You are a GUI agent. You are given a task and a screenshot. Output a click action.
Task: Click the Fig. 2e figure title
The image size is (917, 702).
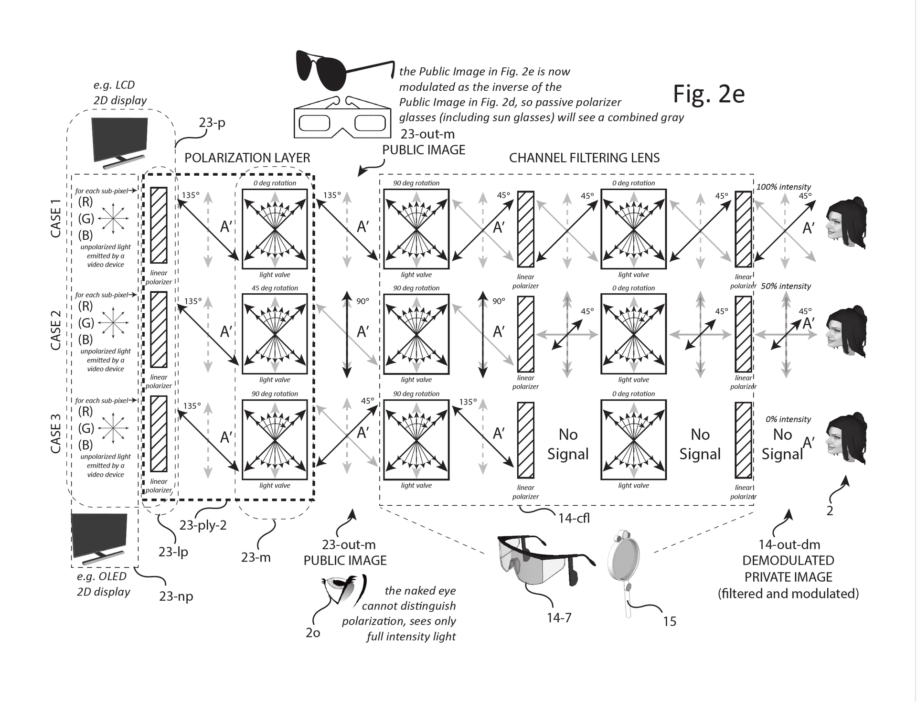(708, 94)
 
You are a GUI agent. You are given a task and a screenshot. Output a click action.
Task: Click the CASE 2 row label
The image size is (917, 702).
(56, 330)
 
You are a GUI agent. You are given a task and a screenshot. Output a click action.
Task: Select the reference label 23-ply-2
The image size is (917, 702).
(203, 525)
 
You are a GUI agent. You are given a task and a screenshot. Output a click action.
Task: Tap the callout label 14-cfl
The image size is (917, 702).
(574, 518)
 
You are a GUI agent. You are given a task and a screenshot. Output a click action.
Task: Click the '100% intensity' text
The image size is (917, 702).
(783, 187)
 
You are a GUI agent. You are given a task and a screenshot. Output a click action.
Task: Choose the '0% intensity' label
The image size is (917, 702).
(788, 419)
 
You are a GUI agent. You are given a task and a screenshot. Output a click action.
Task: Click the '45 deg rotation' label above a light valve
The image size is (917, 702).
(275, 288)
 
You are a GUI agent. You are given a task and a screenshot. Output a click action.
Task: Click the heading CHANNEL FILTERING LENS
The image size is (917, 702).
(584, 158)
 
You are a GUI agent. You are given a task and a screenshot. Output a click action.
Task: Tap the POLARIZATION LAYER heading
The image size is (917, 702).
(247, 158)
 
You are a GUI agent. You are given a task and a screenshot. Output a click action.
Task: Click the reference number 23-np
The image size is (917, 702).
(176, 596)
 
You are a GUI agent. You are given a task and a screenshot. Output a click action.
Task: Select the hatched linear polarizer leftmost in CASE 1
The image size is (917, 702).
(159, 225)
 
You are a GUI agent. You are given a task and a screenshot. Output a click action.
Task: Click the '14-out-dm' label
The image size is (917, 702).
(789, 544)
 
